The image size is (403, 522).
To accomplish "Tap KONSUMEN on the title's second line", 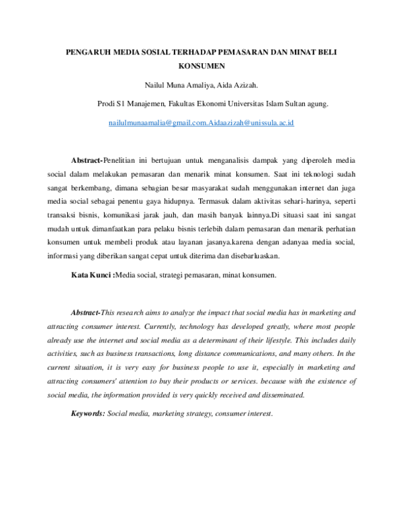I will tap(201, 67).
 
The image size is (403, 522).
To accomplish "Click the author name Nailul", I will tap(156, 85).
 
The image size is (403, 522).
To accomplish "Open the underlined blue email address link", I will tap(201, 124).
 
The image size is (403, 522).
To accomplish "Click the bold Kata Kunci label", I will tap(92, 276).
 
